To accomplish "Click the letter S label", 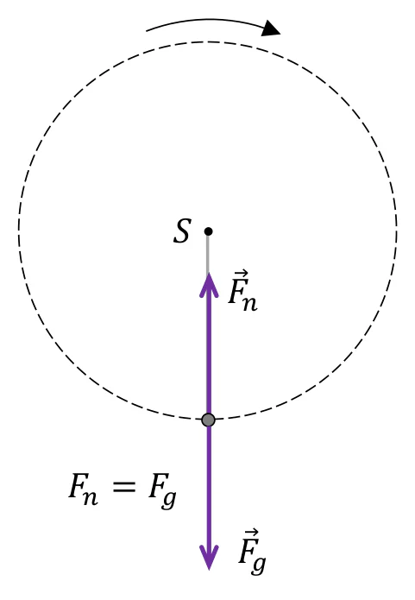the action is pos(181,231).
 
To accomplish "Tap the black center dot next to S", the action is pos(208,231).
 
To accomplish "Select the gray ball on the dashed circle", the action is pos(208,420).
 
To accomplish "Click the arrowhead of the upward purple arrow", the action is pos(209,285).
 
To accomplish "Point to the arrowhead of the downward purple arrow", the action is pos(209,558).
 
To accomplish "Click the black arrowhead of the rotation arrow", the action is pos(271,28).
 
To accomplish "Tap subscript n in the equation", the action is pos(91,496).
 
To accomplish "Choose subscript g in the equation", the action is pos(169,499).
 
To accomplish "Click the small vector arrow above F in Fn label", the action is pos(241,275).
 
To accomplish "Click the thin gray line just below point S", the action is pos(208,254).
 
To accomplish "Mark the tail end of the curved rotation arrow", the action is pos(147,30).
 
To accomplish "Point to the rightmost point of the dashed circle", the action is pos(397,231).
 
